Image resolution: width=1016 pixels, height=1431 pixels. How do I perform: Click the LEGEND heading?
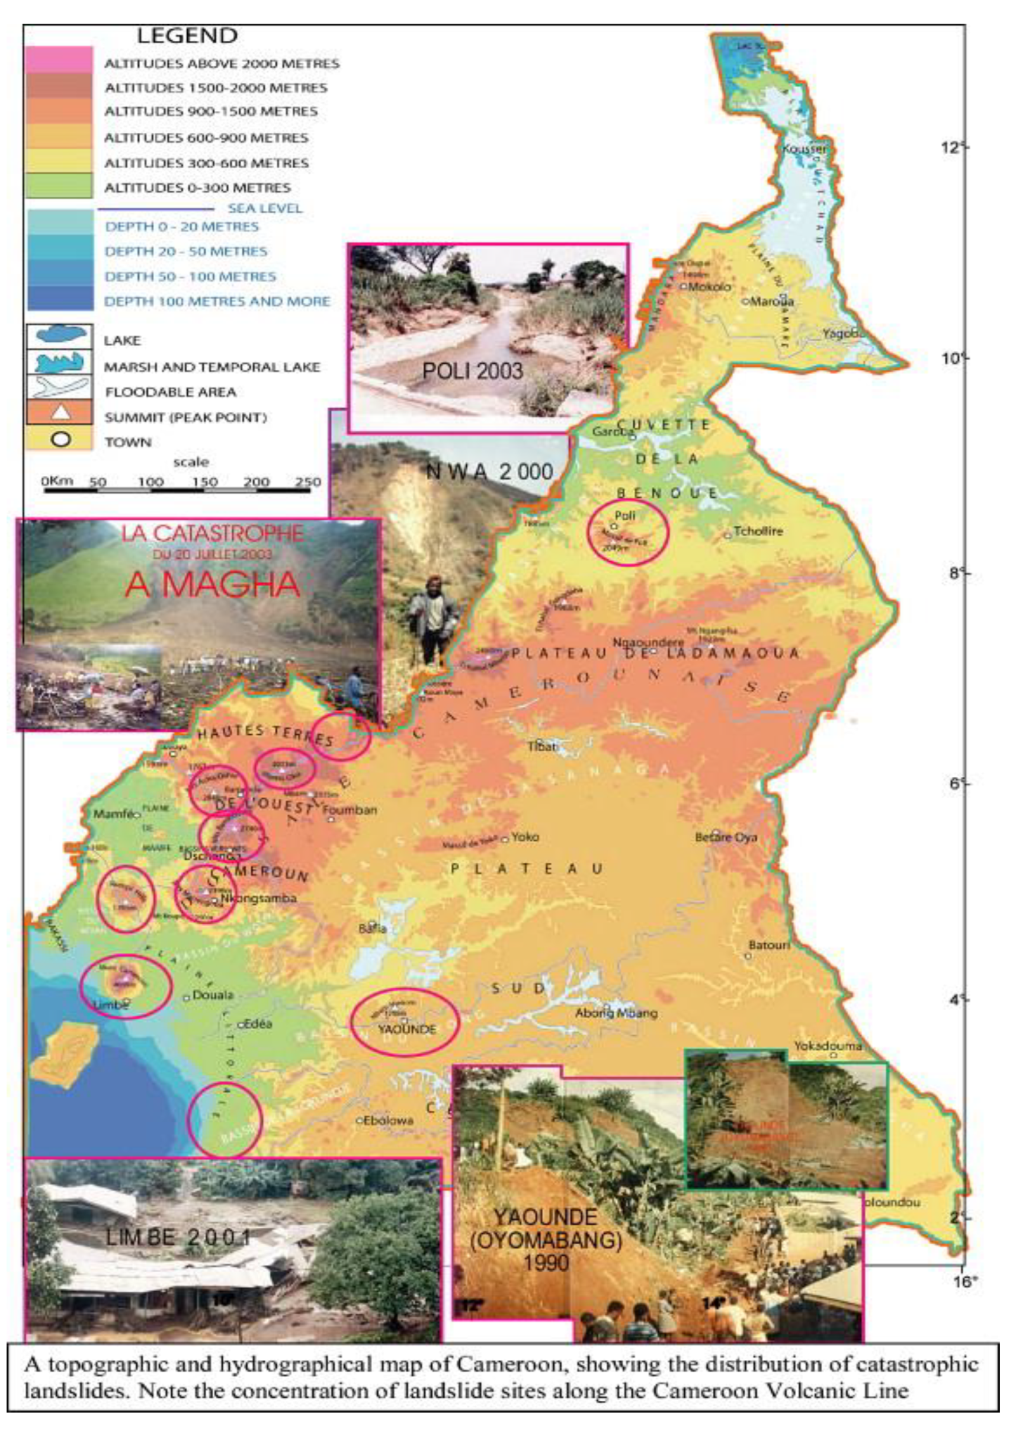pyautogui.click(x=187, y=36)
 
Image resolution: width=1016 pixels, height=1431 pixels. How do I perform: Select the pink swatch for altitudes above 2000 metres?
pyautogui.click(x=59, y=59)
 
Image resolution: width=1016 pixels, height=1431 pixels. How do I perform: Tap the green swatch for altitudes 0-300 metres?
pyautogui.click(x=59, y=187)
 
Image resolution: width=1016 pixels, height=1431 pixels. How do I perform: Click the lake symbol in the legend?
pyautogui.click(x=59, y=335)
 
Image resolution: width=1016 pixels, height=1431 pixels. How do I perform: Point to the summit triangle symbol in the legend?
pyautogui.click(x=59, y=413)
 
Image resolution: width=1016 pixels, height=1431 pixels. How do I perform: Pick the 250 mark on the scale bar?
pyautogui.click(x=307, y=482)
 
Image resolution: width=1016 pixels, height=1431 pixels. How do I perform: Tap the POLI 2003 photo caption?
pyautogui.click(x=472, y=371)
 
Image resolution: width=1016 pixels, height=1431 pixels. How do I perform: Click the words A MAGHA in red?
pyautogui.click(x=213, y=585)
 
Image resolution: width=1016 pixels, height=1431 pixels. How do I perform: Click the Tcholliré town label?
pyautogui.click(x=758, y=532)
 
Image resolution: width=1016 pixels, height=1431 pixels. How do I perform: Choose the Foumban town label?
pyautogui.click(x=350, y=810)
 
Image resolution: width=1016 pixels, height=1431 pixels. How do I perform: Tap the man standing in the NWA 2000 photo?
pyautogui.click(x=432, y=619)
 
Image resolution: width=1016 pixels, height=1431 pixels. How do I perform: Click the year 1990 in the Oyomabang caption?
pyautogui.click(x=546, y=1263)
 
